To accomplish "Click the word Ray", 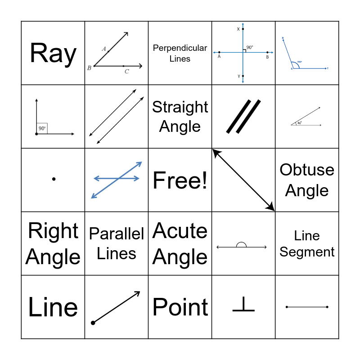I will click(x=53, y=54).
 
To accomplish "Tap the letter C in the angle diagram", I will click(x=127, y=72).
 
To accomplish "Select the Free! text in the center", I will click(x=180, y=180).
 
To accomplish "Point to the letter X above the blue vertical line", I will click(x=238, y=29).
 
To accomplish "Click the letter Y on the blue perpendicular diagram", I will click(x=238, y=76).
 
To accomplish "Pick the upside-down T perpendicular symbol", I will click(x=243, y=306).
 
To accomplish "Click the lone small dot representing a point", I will click(x=54, y=179).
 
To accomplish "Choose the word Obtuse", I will click(x=307, y=170).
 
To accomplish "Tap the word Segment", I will click(x=307, y=252).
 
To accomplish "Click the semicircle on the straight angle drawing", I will click(x=241, y=245).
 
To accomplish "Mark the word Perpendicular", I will click(x=180, y=48).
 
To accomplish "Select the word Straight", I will click(x=180, y=107).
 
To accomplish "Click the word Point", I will click(x=180, y=307).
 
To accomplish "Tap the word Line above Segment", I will click(x=307, y=235).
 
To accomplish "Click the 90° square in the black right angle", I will click(x=42, y=128).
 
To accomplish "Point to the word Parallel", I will click(x=117, y=234).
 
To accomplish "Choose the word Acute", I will click(x=180, y=231).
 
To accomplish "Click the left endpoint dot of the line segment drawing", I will click(x=287, y=307).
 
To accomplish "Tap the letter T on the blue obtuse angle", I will click(x=328, y=68).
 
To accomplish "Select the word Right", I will click(x=53, y=231).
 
